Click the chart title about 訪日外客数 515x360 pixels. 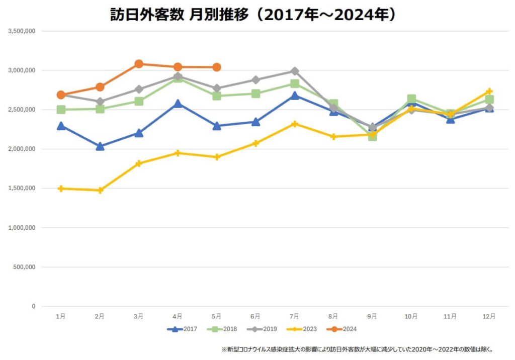pyautogui.click(x=253, y=15)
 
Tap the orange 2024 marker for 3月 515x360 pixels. pyautogui.click(x=139, y=64)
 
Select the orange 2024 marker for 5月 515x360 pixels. pyautogui.click(x=217, y=67)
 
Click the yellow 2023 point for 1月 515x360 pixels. pyautogui.click(x=61, y=189)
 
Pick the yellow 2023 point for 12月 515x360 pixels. pyautogui.click(x=489, y=92)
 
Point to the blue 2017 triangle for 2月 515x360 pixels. pyautogui.click(x=100, y=146)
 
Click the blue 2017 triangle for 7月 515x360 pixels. pyautogui.click(x=295, y=96)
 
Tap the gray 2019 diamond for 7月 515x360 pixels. pyautogui.click(x=295, y=71)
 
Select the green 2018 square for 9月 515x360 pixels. pyautogui.click(x=372, y=136)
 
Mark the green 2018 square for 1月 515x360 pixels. pyautogui.click(x=61, y=110)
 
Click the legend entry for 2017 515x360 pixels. pyautogui.click(x=182, y=329)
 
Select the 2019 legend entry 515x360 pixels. pyautogui.click(x=262, y=329)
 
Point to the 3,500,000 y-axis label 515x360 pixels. pyautogui.click(x=22, y=31)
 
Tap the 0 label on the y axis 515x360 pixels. pyautogui.click(x=33, y=306)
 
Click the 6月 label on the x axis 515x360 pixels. pyautogui.click(x=255, y=316)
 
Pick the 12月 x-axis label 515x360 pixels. pyautogui.click(x=489, y=316)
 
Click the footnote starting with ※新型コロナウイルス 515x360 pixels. pyautogui.click(x=357, y=349)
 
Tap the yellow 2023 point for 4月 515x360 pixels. pyautogui.click(x=178, y=153)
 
